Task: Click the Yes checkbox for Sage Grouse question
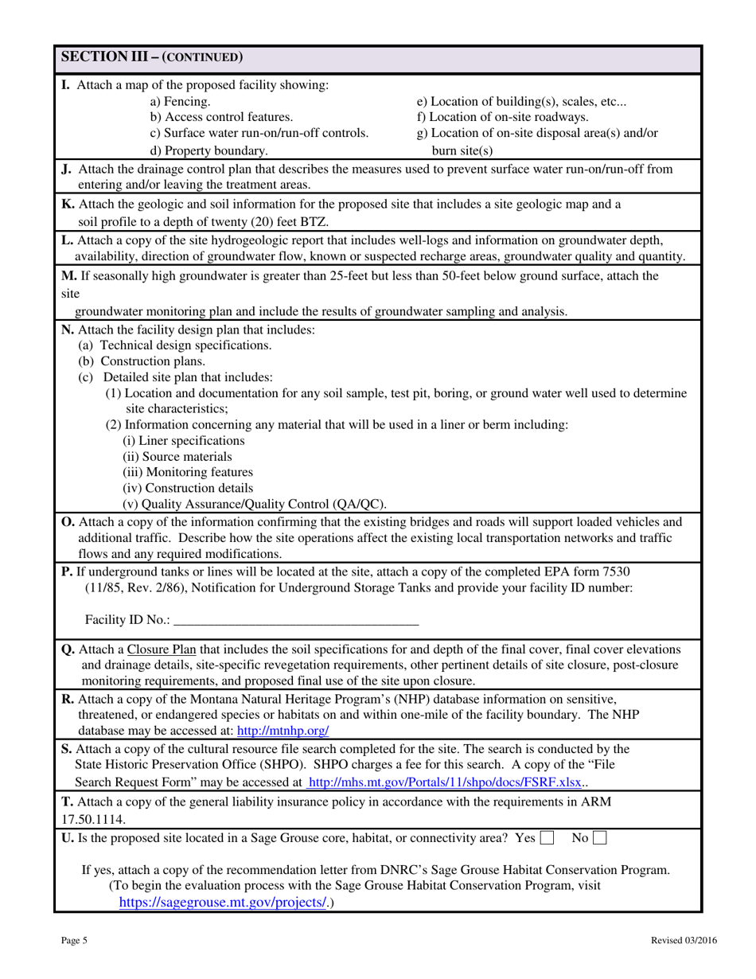pyautogui.click(x=547, y=837)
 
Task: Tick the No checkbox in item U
pyautogui.click(x=600, y=837)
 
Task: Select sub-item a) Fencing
pyautogui.click(x=181, y=101)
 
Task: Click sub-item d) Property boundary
pyautogui.click(x=209, y=150)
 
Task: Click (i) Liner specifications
pyautogui.click(x=184, y=440)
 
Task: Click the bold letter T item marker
pyautogui.click(x=66, y=802)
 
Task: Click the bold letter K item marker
pyautogui.click(x=67, y=204)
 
